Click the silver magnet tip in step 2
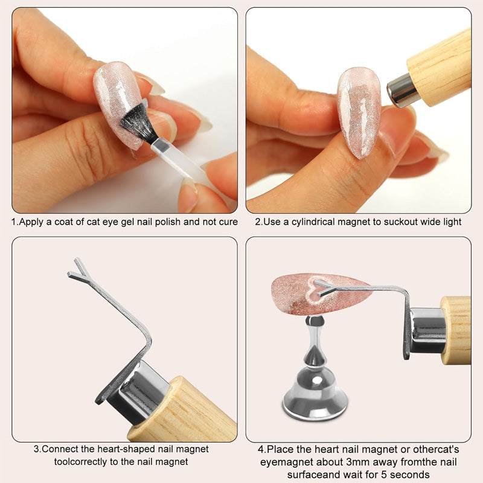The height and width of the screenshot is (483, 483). (x=399, y=91)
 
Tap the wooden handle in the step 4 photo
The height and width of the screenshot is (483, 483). (x=456, y=330)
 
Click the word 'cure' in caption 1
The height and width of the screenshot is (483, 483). (x=228, y=222)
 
